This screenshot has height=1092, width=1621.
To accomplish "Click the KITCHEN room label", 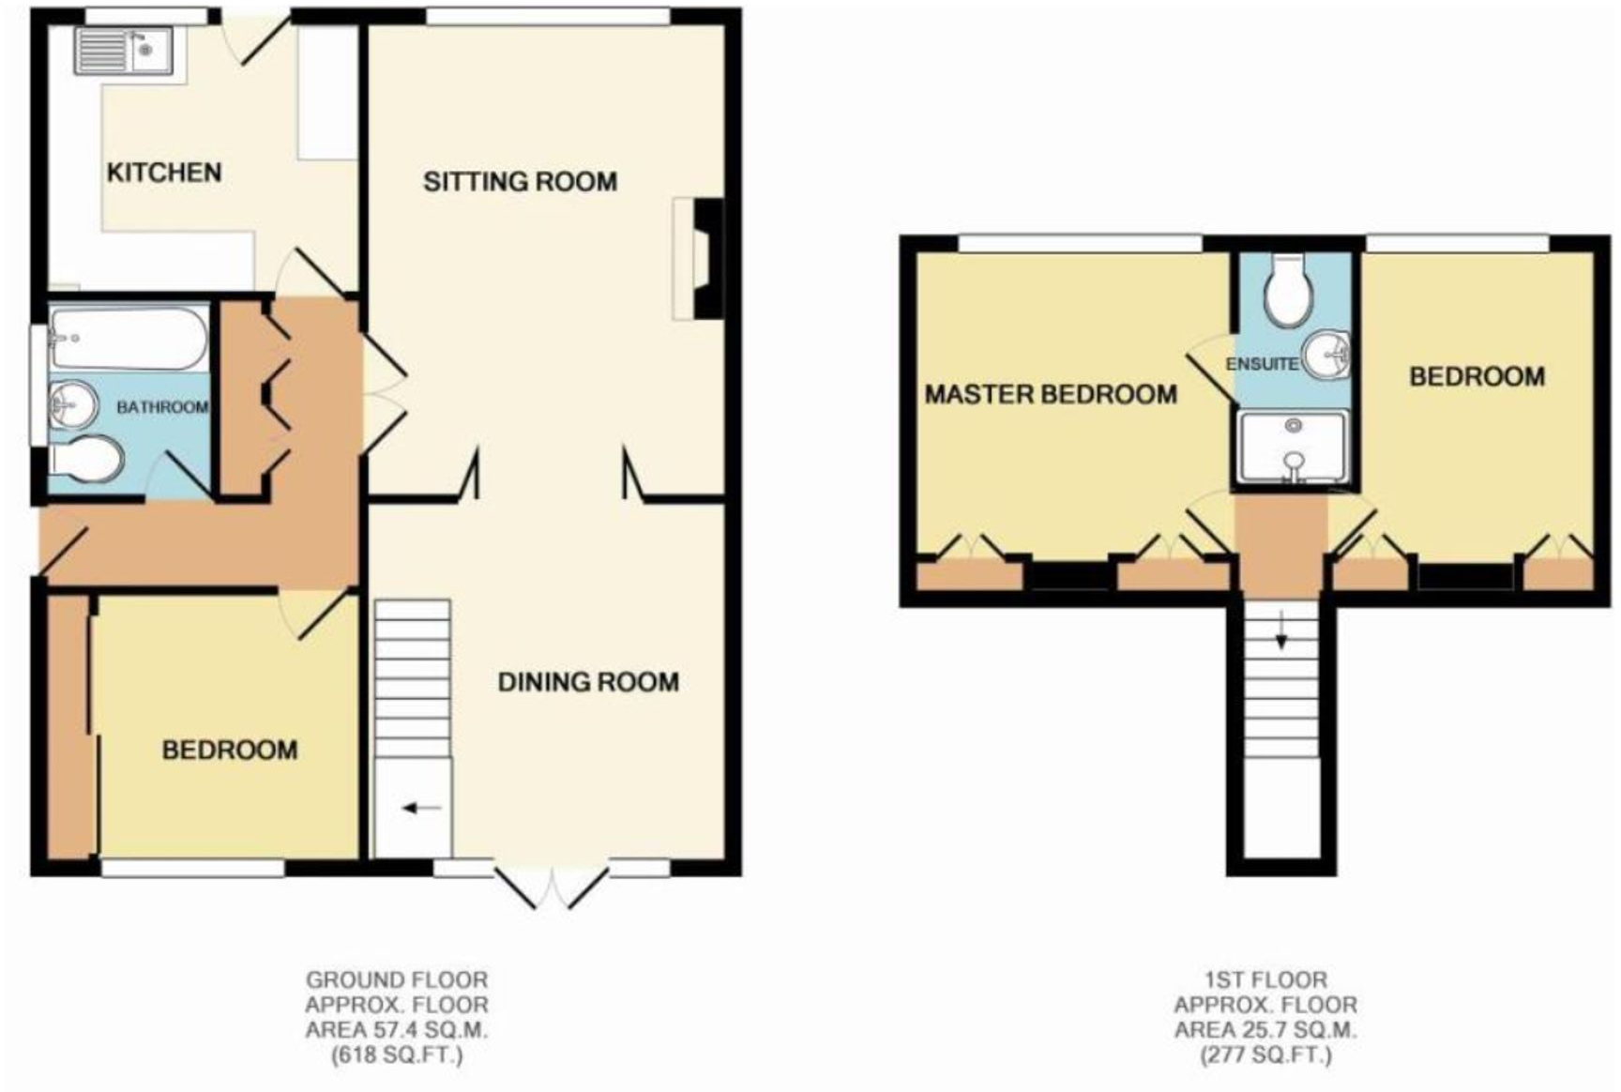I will click(164, 173).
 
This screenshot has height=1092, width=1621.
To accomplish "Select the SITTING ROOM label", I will click(520, 181).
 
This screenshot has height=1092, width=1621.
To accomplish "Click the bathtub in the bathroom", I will click(129, 340).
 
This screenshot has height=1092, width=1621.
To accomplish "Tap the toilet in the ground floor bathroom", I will click(87, 460).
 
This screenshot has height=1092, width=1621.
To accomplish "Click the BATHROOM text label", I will click(161, 407).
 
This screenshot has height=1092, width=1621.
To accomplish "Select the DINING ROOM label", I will click(588, 682).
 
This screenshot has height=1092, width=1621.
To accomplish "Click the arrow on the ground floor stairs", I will click(421, 808).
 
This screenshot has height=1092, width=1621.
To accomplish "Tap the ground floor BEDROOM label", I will click(230, 750).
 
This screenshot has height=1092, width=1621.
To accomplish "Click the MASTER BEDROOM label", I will click(1051, 394).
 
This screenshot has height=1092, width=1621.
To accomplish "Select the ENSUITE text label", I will click(1262, 364).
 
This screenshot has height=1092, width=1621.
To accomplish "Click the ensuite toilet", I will click(1287, 289).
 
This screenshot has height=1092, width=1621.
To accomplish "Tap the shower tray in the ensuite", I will click(1293, 447).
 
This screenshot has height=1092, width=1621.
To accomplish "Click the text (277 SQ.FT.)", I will click(1265, 1055).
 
